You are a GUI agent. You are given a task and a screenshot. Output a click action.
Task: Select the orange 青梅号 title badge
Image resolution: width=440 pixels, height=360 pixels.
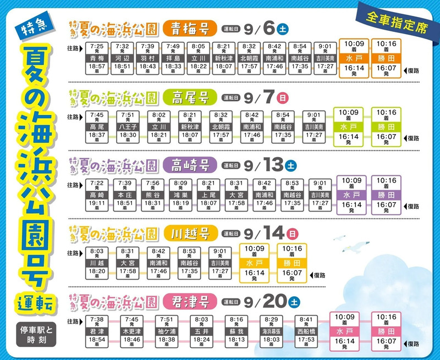coord(190,27)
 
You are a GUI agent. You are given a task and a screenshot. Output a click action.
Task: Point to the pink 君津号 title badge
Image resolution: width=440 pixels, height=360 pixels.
coord(190,301)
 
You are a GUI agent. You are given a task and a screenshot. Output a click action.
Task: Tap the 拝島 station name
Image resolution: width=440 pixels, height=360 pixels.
coord(173,57)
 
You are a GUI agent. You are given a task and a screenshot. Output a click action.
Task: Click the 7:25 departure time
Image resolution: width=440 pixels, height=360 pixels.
coord(97,46)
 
